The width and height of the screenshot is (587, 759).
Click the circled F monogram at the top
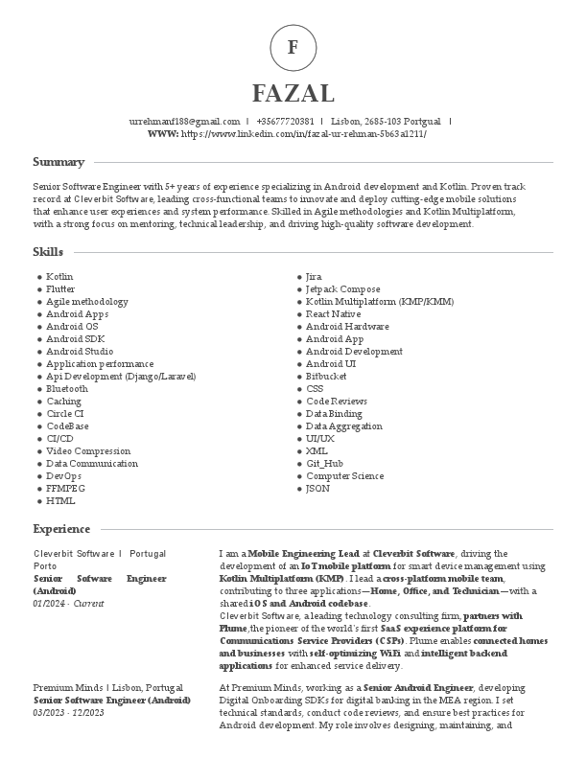293,47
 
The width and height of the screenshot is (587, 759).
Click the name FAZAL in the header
293,93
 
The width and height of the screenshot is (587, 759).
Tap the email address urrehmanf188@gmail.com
184,122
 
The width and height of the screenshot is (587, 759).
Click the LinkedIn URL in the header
303,134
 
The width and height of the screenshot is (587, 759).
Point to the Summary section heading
59,162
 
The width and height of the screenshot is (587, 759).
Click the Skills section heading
48,252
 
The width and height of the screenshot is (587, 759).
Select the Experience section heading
61,529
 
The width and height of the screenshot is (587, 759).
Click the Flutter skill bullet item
60,289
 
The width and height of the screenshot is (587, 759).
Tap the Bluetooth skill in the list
67,389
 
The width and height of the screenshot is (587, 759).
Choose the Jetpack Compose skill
342,289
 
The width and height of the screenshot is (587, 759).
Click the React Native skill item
333,314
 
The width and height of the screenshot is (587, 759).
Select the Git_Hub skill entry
324,464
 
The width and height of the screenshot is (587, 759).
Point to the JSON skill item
317,489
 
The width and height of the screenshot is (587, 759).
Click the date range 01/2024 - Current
68,604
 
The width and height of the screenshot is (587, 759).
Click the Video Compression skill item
88,451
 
